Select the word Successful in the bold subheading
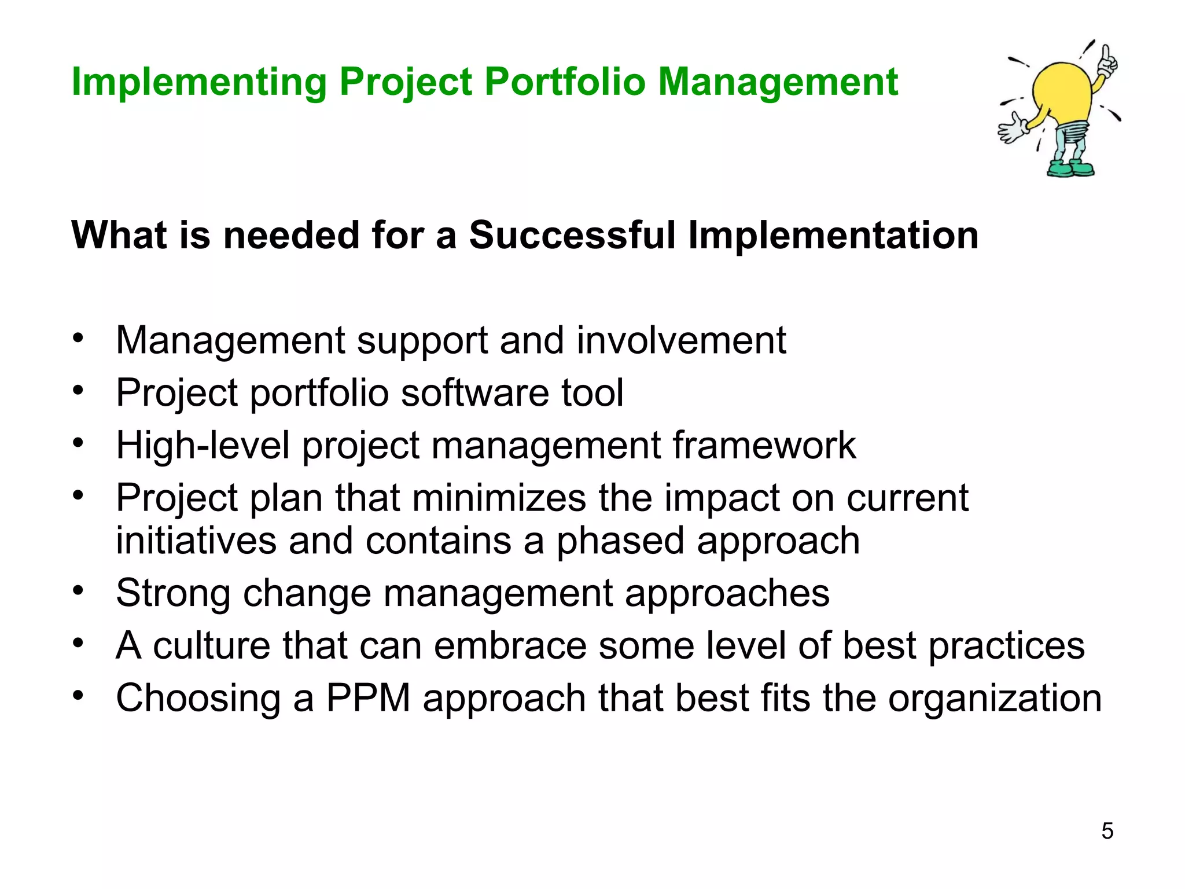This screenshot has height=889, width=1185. (572, 236)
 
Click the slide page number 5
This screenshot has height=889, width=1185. (1107, 831)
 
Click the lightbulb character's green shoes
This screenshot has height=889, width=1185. (1071, 168)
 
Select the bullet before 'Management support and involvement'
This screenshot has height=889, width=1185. (79, 338)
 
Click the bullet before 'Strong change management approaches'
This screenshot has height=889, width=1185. (79, 591)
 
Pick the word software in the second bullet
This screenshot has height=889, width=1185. (475, 393)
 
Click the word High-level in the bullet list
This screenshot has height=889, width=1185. (203, 446)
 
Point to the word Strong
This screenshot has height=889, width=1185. (173, 593)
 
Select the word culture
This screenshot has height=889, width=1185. (211, 646)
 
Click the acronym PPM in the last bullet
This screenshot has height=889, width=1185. (369, 699)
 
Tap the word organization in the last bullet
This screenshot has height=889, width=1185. (995, 699)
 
